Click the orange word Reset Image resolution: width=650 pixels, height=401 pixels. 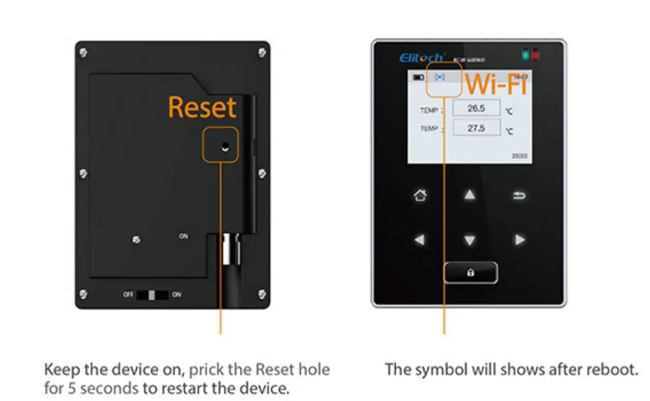tap(202, 108)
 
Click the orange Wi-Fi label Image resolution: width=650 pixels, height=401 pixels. tap(496, 84)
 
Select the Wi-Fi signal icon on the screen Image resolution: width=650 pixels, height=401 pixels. tap(440, 77)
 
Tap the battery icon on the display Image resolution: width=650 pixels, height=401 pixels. tap(419, 77)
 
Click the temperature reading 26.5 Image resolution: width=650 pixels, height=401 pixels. tap(476, 108)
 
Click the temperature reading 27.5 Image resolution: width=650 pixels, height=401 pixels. tap(476, 128)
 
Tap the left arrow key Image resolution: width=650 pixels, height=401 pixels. tap(420, 240)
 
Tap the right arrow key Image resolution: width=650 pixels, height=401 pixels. tap(519, 240)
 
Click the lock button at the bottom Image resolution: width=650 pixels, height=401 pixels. tap(470, 273)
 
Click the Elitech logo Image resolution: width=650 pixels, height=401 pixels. tap(421, 57)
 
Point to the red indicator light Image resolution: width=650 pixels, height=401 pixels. tap(536, 56)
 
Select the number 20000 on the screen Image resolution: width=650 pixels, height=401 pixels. tap(519, 156)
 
